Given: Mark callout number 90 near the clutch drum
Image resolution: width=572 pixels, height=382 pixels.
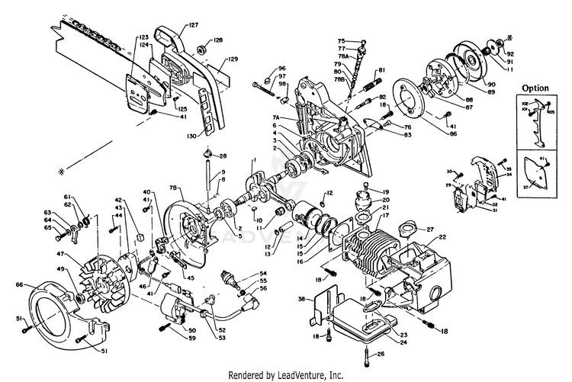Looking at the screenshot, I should (x=490, y=84).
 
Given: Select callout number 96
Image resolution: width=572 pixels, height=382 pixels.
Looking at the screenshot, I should (x=281, y=69).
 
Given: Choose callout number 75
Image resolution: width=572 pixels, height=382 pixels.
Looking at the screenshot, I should (x=342, y=40).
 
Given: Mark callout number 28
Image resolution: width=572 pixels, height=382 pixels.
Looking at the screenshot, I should (x=223, y=156).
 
